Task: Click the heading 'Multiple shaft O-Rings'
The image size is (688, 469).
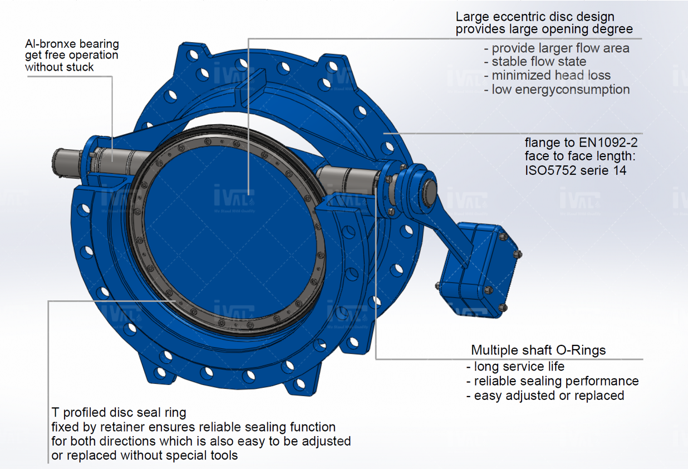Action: click(538, 350)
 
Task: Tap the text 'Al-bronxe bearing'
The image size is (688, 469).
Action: click(72, 43)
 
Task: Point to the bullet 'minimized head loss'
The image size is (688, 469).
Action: click(551, 75)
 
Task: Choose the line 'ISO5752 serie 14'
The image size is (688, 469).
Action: click(575, 170)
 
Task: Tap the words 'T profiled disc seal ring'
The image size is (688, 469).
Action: click(119, 413)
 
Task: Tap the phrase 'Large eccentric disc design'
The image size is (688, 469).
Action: click(535, 17)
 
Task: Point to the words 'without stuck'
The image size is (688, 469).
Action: click(60, 67)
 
